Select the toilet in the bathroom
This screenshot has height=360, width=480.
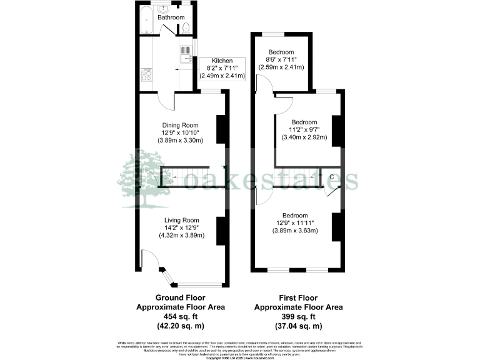click(186, 27)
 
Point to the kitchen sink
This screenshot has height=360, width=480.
click(186, 54)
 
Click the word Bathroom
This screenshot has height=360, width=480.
click(171, 18)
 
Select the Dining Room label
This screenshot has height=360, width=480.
click(181, 125)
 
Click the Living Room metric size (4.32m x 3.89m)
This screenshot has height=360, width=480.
click(181, 235)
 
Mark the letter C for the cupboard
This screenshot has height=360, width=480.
click(331, 177)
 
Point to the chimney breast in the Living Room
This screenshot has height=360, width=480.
click(221, 229)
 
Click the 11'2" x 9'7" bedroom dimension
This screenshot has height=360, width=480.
click(304, 130)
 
